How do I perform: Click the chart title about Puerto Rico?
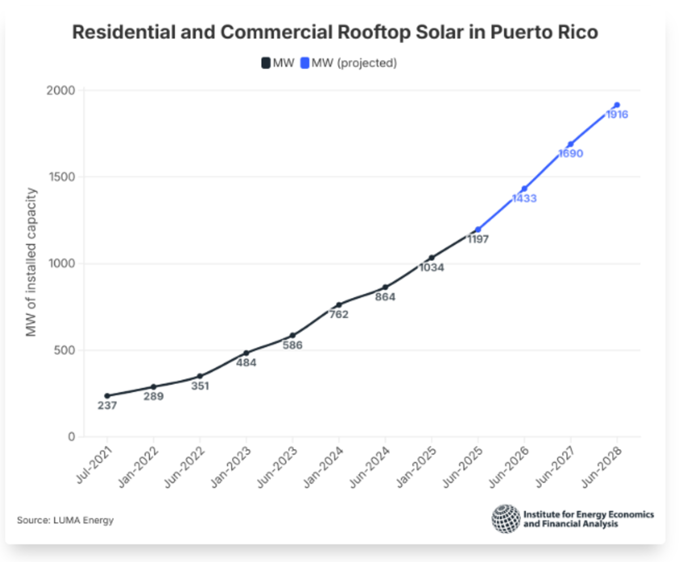[x=335, y=32]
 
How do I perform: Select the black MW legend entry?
[x=278, y=63]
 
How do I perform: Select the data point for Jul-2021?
[x=107, y=396]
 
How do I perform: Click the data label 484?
[x=246, y=363]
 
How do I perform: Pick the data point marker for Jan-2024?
[x=339, y=305]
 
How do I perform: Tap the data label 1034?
[x=431, y=268]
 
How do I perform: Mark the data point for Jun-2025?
[x=478, y=230]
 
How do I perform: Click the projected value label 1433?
[x=524, y=199]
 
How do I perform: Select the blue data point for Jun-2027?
[x=571, y=144]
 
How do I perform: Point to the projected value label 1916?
[x=617, y=115]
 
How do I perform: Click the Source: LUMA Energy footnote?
[x=65, y=520]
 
